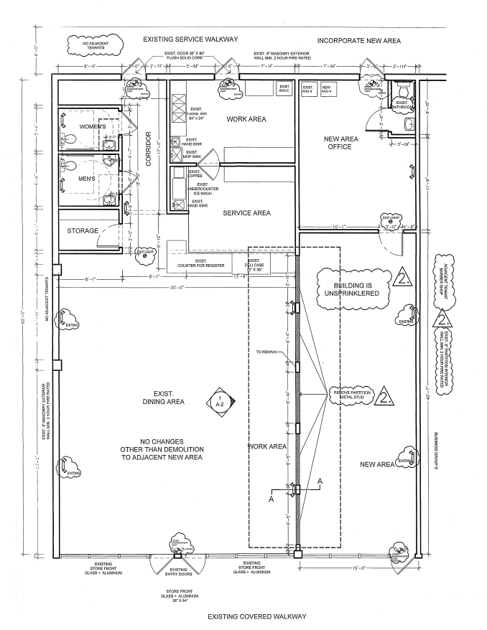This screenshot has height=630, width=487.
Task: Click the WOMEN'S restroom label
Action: coord(93,127)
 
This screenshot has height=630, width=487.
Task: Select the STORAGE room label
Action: coord(83,231)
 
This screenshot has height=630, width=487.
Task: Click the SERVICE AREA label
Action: coord(246,213)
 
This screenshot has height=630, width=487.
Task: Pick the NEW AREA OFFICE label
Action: coord(337,143)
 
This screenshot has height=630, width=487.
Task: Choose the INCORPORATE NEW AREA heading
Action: coord(358,39)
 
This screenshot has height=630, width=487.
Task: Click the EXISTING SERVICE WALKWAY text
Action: coord(190,39)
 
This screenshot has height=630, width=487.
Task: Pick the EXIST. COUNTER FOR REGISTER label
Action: coord(202,263)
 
